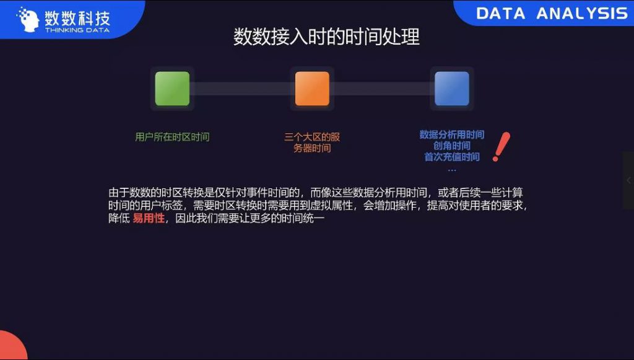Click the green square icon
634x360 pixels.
point(172,89)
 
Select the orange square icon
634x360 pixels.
point(312,89)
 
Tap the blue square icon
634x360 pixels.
point(451,89)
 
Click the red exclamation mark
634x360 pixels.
point(502,146)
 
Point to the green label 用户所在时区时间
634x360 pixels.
point(172,137)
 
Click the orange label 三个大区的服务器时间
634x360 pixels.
point(312,143)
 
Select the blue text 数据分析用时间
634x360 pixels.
point(451,134)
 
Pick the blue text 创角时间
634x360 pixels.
point(451,146)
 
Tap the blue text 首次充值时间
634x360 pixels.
point(451,157)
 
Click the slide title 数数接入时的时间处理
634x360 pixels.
point(326,37)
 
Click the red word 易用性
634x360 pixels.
point(149,219)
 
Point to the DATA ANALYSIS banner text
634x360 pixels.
point(552,14)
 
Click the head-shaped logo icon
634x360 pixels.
point(28,19)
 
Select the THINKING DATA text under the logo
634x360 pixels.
point(77,30)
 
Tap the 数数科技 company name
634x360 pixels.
point(77,18)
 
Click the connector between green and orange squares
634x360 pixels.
point(242,89)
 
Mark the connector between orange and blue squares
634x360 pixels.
point(382,89)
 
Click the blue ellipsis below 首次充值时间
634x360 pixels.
point(452,170)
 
